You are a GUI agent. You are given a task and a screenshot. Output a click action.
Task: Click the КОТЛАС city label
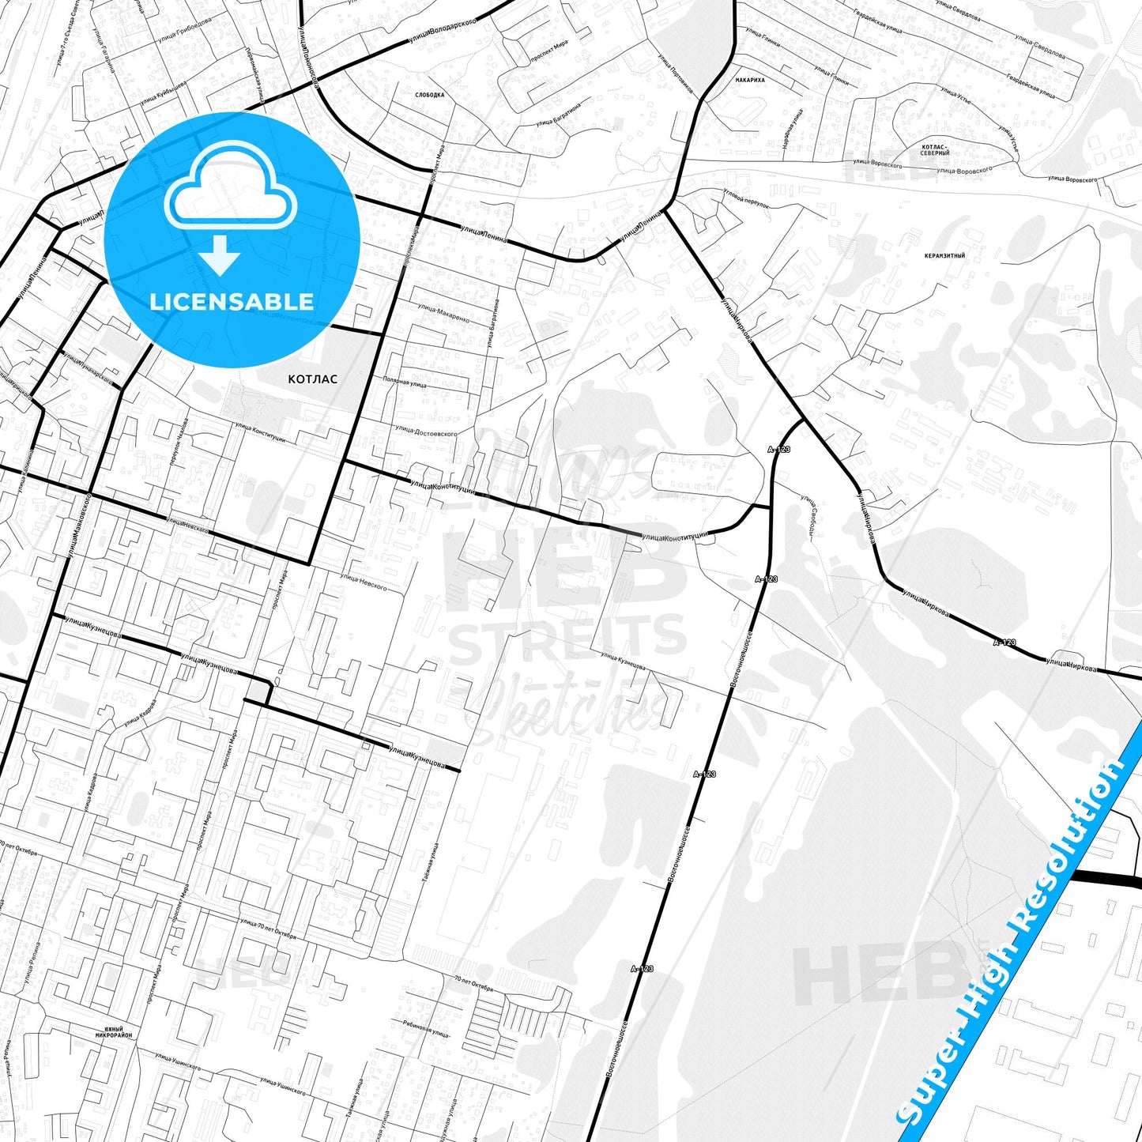coord(312,379)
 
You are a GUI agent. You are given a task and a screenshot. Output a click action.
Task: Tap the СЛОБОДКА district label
coord(429,95)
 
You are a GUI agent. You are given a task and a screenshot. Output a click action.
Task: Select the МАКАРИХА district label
coord(749,80)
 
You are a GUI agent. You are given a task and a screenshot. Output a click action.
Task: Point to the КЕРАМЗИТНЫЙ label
coord(944,256)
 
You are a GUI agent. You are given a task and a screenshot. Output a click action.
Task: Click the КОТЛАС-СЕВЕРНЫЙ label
coord(935,149)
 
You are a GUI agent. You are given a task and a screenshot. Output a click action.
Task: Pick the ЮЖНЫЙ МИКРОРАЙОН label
coord(114,1031)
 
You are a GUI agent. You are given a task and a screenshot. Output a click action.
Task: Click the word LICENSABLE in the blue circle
coord(232,301)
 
